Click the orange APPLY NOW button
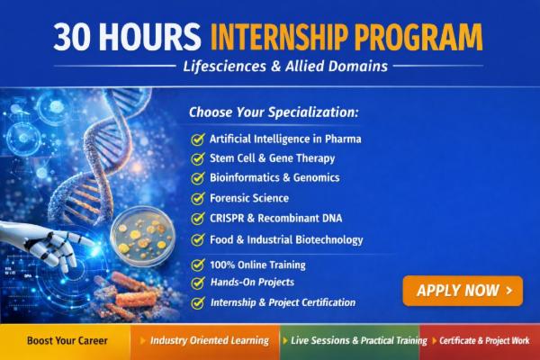[x=463, y=291]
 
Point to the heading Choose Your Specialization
[x=274, y=112]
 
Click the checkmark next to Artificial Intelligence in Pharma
[x=197, y=139]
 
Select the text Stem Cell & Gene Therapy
[x=272, y=158]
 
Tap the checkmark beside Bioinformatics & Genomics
[x=197, y=178]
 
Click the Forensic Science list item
[x=249, y=198]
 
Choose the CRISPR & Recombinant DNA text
[x=275, y=219]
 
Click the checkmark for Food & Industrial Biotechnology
[x=197, y=240]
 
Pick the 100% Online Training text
[x=257, y=265]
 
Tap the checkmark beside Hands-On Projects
[x=197, y=283]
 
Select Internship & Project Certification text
[x=282, y=302]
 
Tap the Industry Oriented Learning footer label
[x=209, y=341]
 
